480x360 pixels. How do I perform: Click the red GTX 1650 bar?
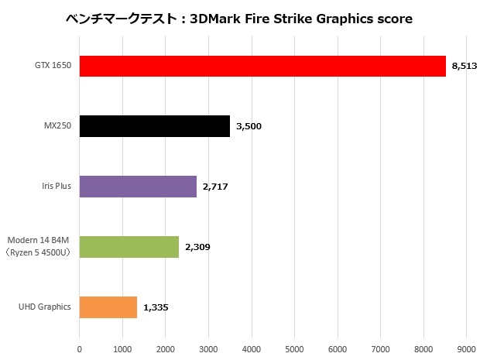pos(262,66)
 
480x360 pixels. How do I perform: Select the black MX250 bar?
pos(155,126)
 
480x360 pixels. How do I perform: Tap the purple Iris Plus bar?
pos(138,187)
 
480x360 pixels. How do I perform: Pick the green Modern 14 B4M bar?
pos(129,247)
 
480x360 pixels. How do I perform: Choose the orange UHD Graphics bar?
pos(108,307)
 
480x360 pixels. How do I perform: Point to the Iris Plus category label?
pos(56,187)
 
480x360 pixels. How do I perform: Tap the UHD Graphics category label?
pos(45,307)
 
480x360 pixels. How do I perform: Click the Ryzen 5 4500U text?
pos(40,252)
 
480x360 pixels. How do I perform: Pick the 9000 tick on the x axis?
pos(466,350)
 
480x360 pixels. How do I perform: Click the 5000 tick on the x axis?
pos(294,350)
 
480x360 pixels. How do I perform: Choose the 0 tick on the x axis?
pos(80,350)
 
